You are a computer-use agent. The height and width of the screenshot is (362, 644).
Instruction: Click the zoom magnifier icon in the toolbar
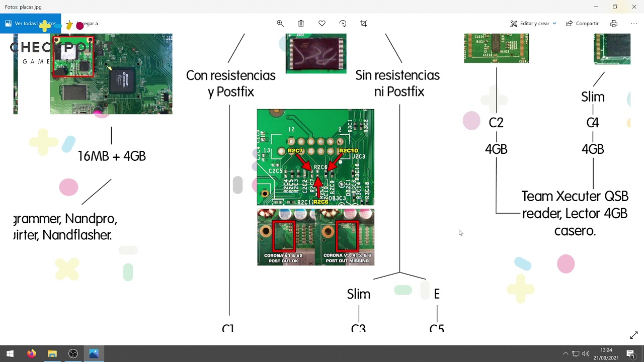pyautogui.click(x=280, y=24)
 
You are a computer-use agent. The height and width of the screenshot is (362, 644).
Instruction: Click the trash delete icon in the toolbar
pyautogui.click(x=301, y=24)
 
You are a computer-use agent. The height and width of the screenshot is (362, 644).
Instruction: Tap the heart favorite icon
pyautogui.click(x=322, y=24)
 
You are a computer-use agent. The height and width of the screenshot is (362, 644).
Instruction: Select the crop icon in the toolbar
pyautogui.click(x=364, y=24)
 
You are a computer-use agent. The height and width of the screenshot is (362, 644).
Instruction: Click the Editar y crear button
pyautogui.click(x=533, y=24)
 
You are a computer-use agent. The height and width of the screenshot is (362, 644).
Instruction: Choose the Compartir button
pyautogui.click(x=582, y=24)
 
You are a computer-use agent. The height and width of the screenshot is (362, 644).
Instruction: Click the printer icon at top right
pyautogui.click(x=614, y=24)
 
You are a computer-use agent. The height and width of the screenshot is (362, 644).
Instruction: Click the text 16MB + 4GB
pyautogui.click(x=112, y=156)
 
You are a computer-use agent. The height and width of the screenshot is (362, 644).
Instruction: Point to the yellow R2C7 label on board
pyautogui.click(x=295, y=151)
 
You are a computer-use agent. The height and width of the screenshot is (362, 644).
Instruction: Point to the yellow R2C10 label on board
pyautogui.click(x=348, y=151)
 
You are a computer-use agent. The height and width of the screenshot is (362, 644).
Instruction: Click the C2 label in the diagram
pyautogui.click(x=496, y=123)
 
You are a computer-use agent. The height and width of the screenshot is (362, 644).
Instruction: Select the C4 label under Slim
pyautogui.click(x=593, y=123)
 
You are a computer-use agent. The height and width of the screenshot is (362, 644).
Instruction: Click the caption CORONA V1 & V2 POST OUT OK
pyautogui.click(x=283, y=258)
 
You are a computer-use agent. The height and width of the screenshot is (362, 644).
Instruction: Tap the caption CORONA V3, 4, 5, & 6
pyautogui.click(x=347, y=256)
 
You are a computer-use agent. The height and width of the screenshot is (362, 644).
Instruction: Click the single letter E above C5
pyautogui.click(x=437, y=294)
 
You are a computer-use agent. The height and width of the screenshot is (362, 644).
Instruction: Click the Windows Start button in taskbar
pyautogui.click(x=10, y=353)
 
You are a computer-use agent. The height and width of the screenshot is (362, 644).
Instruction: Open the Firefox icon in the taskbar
pyautogui.click(x=31, y=353)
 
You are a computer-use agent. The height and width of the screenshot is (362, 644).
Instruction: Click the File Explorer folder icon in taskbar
pyautogui.click(x=52, y=353)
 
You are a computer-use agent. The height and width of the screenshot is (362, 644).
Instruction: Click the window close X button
pyautogui.click(x=634, y=7)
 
